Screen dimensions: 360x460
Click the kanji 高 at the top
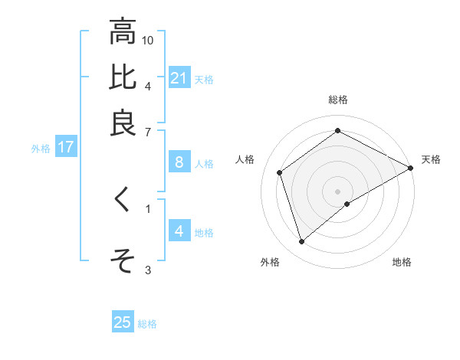pos(123,32)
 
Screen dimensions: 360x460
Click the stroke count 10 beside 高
pos(148,39)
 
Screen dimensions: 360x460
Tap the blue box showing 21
pos(179,78)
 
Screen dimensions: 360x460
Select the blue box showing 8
pos(179,162)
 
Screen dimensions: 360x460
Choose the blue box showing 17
pos(65,148)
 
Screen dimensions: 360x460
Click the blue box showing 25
pos(123,322)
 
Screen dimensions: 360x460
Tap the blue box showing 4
pos(179,231)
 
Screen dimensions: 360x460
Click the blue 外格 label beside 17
pos(41,149)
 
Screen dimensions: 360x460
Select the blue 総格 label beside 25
pos(147,324)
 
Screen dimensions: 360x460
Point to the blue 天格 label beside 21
pos(204,79)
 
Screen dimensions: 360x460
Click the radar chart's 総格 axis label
pos(338,100)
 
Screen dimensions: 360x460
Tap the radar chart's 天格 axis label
pos(431,159)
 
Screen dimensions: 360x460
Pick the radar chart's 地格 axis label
pos(402,262)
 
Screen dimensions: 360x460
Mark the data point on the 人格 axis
pos(280,172)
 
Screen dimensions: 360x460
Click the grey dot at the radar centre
pos(338,191)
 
